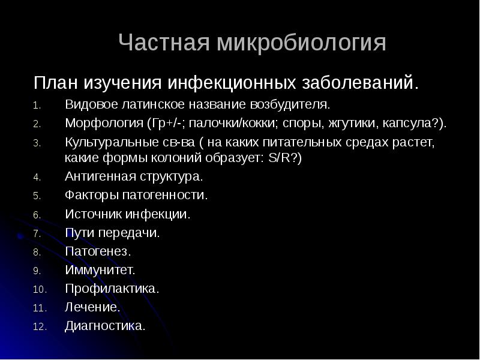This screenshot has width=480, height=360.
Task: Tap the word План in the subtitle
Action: [x=55, y=82]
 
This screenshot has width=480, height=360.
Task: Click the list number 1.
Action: [x=37, y=106]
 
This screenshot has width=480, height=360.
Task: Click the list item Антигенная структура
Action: [x=133, y=177]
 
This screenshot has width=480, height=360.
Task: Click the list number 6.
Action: [x=37, y=215]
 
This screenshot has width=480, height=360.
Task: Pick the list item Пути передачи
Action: [x=112, y=233]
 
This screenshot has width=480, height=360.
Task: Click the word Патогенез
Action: [x=97, y=251]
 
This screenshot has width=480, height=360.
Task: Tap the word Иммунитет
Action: [x=100, y=270]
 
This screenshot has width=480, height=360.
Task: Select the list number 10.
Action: [x=38, y=290]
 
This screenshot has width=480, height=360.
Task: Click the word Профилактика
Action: [x=112, y=289]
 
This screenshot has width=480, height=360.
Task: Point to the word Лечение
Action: [x=92, y=307]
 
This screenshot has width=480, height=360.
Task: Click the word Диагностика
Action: [x=105, y=326]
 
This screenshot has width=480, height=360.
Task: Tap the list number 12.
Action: [x=38, y=328]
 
